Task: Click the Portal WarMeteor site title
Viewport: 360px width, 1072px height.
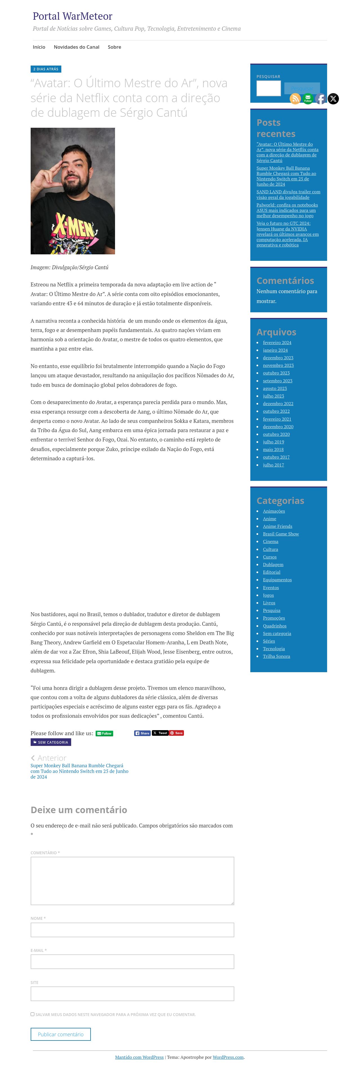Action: pos(72,16)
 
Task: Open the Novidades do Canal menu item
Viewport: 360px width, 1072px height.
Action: pos(76,47)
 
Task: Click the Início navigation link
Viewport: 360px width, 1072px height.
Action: pos(39,47)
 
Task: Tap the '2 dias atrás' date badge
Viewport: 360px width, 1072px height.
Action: pos(46,69)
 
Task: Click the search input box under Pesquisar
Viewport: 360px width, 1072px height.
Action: pos(268,88)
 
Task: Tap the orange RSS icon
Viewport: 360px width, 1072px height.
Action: pos(295,99)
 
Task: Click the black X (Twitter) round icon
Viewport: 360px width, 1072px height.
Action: pos(333,99)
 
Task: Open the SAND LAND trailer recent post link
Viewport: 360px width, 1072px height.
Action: pos(288,194)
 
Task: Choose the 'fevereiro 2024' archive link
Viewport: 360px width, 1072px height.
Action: pos(277,342)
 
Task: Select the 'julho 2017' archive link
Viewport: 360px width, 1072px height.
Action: pos(273,465)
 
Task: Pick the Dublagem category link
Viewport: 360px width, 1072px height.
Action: pos(273,564)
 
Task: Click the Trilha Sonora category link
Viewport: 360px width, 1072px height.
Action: pos(276,656)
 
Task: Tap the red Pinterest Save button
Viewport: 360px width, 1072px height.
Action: pos(176,733)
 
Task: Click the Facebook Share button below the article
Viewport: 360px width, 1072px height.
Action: pos(142,733)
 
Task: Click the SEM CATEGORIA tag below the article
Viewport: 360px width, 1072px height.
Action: pos(51,742)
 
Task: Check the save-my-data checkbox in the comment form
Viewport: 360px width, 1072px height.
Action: pos(32,1014)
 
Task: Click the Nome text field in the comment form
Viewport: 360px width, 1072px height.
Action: pos(132,930)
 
